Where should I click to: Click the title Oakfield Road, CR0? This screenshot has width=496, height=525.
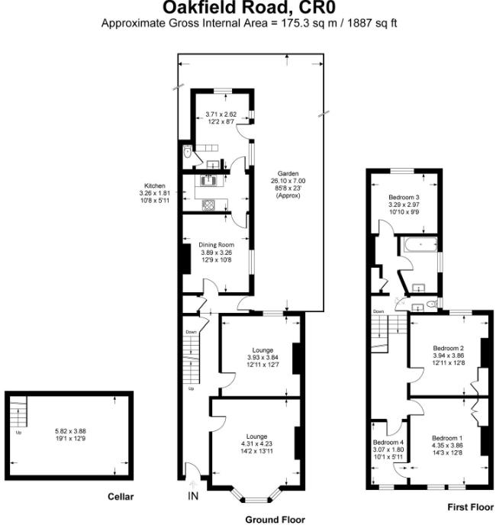pos(248,8)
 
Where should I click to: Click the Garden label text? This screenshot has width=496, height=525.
pos(288,173)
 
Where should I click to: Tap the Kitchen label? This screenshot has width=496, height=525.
pos(156,185)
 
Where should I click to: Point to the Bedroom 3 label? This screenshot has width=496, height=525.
pos(404,197)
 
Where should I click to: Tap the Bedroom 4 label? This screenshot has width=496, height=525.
pos(388,442)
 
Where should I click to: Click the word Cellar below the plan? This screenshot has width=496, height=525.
pos(122,497)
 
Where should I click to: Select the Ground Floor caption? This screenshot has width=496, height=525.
pos(275,519)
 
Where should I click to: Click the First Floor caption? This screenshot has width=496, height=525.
pos(469,506)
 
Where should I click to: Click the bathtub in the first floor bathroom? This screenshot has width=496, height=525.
pos(417,245)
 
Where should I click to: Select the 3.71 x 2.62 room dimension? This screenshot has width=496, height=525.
pos(222,114)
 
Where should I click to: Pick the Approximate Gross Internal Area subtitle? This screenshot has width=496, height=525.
pos(248,24)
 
